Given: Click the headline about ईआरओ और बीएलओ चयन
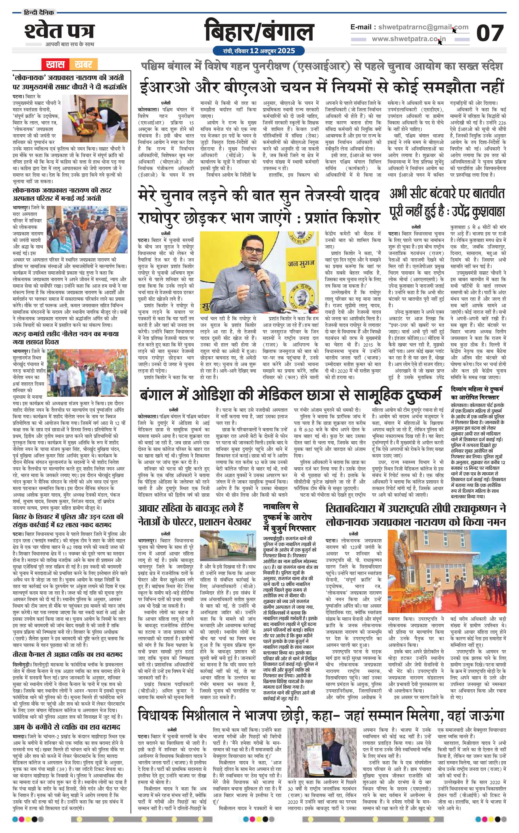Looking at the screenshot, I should tap(322, 86).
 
